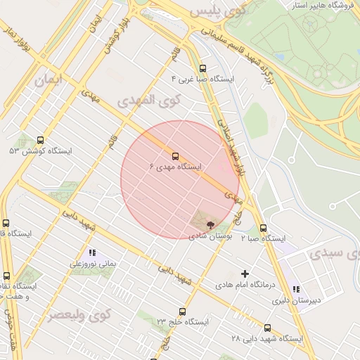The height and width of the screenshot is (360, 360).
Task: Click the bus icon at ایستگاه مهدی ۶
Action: (175, 156)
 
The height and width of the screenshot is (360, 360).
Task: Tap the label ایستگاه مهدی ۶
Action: (176, 167)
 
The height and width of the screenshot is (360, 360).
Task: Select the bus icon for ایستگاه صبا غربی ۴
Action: (203, 68)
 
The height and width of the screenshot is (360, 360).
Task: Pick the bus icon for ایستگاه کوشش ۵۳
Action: (40, 140)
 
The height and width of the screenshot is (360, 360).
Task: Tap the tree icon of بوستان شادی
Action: (211, 224)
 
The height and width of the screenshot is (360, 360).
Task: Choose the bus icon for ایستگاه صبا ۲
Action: (264, 228)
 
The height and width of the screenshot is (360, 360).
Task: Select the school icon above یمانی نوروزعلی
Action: (91, 252)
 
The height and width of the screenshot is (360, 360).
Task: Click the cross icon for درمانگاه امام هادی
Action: (245, 273)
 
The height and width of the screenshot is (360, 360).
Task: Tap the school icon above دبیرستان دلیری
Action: (296, 288)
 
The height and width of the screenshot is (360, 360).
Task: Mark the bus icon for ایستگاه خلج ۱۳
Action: (183, 311)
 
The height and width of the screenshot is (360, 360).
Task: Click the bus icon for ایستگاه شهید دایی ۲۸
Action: (267, 328)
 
